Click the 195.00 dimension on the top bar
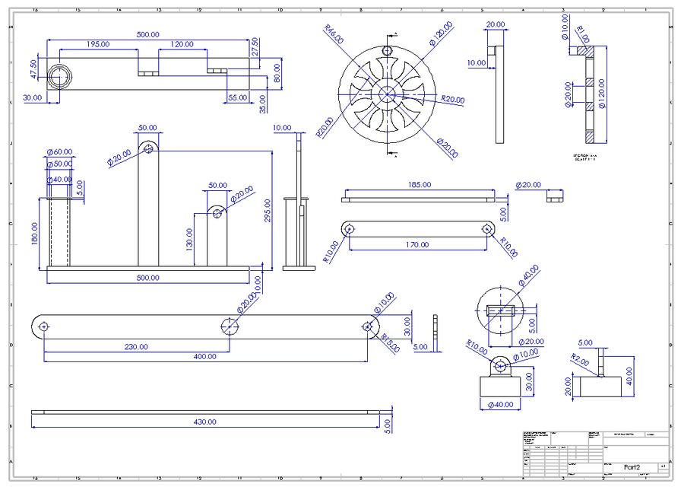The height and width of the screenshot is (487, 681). pos(97,45)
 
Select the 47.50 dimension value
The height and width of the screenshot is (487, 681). pos(33,69)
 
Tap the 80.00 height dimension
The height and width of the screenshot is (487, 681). pos(277,72)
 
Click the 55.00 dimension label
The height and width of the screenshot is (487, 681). pos(238,97)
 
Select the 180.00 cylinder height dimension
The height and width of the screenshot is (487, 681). pos(33,233)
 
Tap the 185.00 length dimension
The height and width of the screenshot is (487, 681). pos(418,184)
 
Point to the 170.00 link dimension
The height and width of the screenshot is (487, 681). pos(417,245)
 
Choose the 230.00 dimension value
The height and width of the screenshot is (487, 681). pos(136,346)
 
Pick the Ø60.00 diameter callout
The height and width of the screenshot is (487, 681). pos(59,151)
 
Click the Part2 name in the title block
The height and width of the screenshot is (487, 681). pos(632,466)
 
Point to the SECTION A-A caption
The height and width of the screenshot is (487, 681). pos(586,155)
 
